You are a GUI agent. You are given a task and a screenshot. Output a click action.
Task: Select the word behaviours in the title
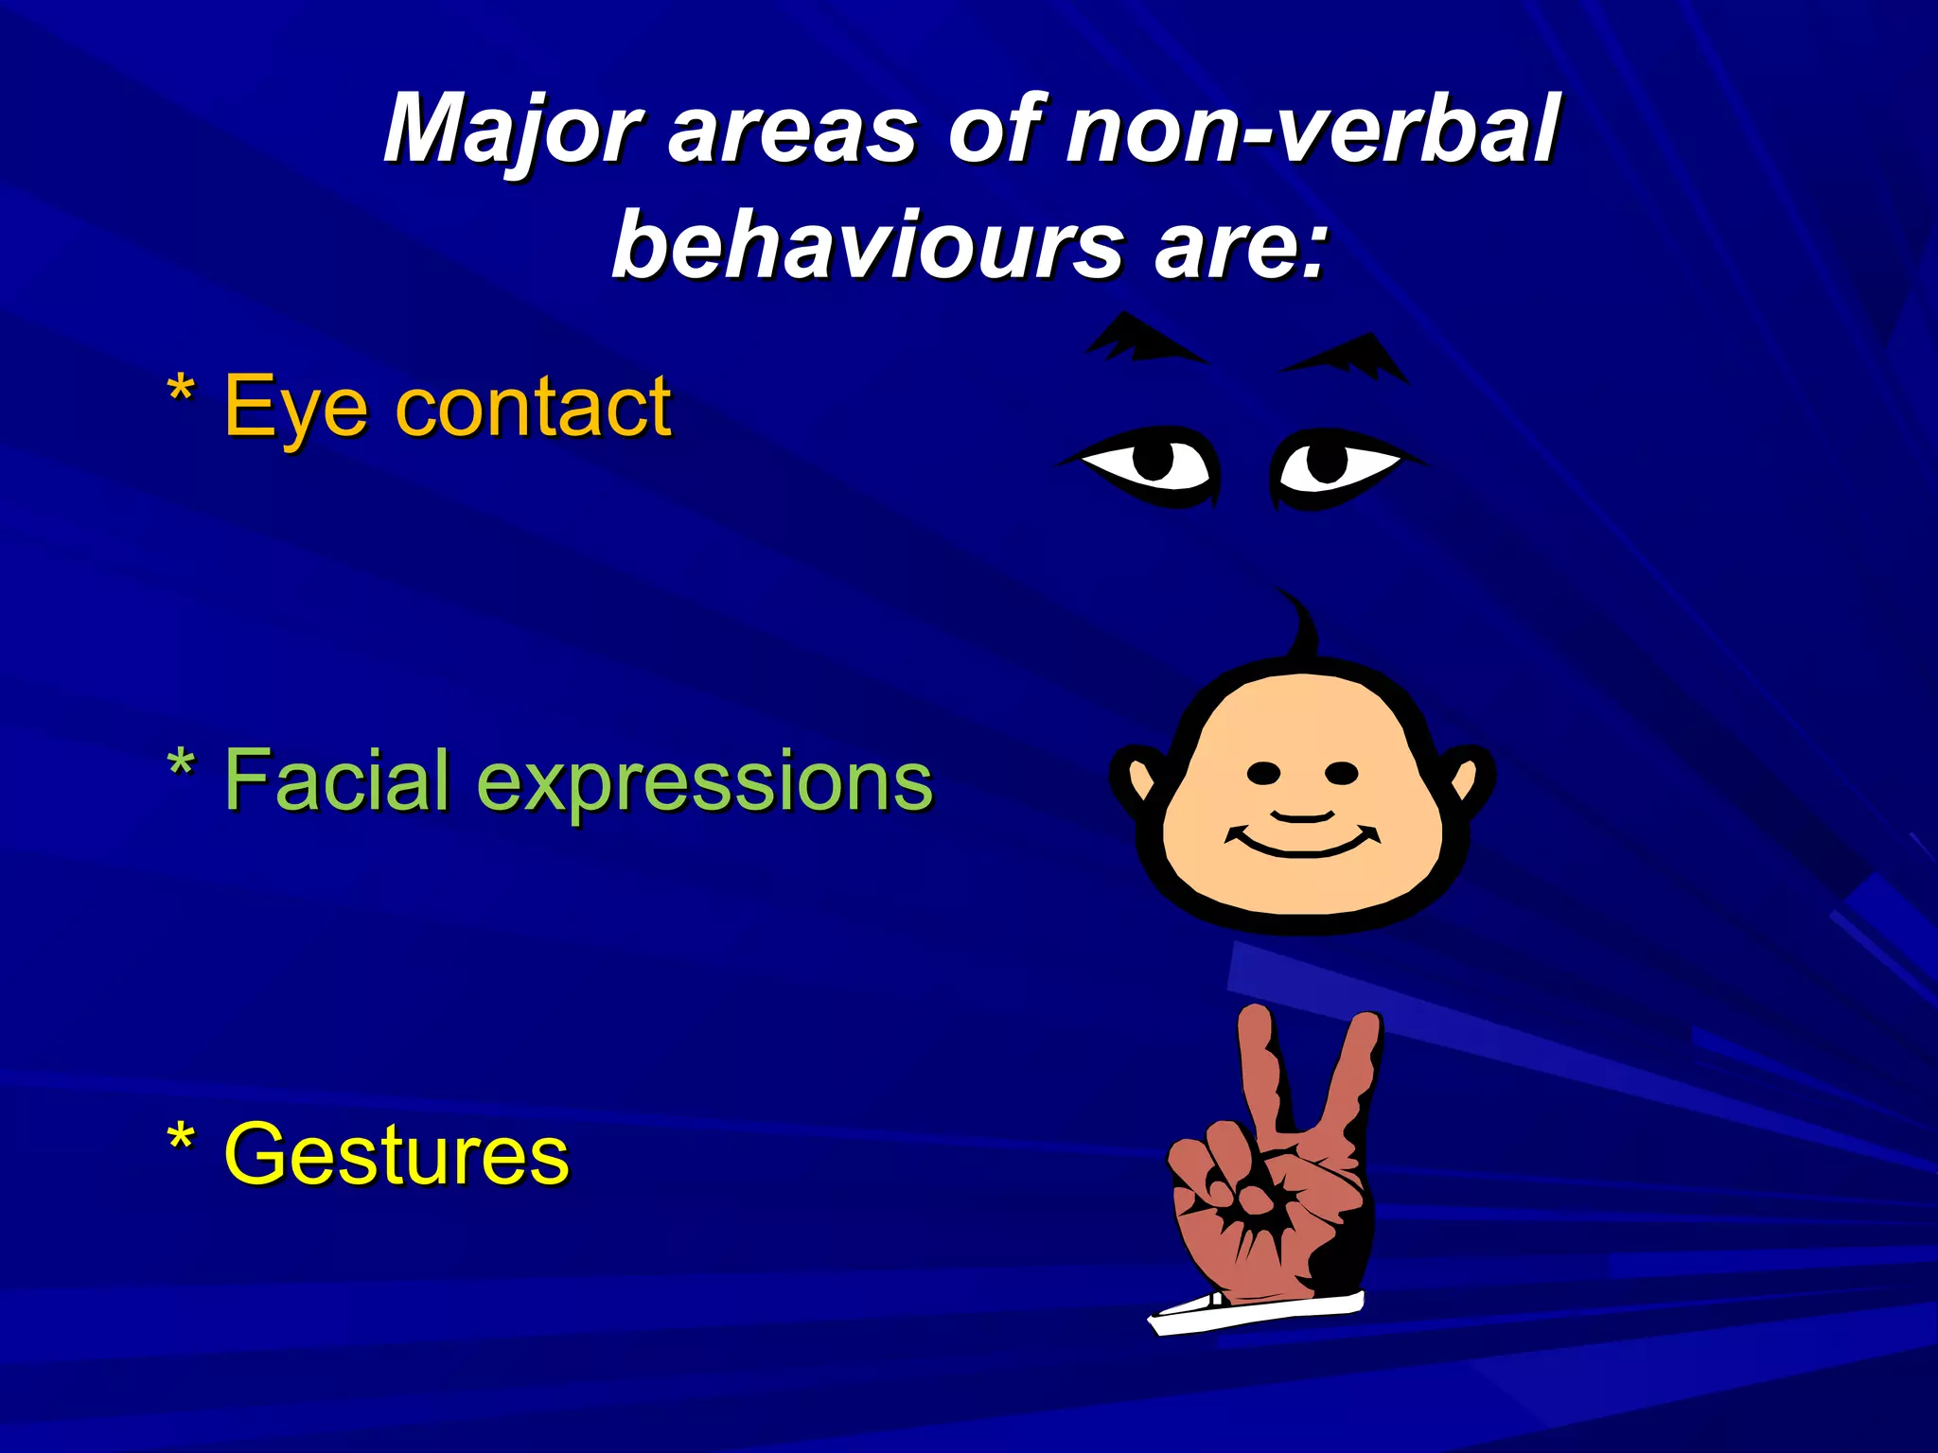pyautogui.click(x=867, y=246)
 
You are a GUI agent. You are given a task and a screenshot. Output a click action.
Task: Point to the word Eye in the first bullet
pyautogui.click(x=294, y=408)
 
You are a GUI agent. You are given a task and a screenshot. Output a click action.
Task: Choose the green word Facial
pyautogui.click(x=336, y=780)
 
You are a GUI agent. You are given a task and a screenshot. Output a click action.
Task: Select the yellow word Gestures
pyautogui.click(x=396, y=1154)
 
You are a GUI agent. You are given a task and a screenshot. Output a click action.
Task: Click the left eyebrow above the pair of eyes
pyautogui.click(x=1141, y=341)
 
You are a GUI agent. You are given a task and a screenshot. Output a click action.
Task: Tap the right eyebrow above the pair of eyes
pyautogui.click(x=1348, y=358)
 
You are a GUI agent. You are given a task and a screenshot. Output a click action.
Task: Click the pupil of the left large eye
pyautogui.click(x=1154, y=462)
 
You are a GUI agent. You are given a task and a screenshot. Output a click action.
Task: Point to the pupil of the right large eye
pyautogui.click(x=1327, y=462)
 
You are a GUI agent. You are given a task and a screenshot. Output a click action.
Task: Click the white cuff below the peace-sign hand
pyautogui.click(x=1259, y=1313)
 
